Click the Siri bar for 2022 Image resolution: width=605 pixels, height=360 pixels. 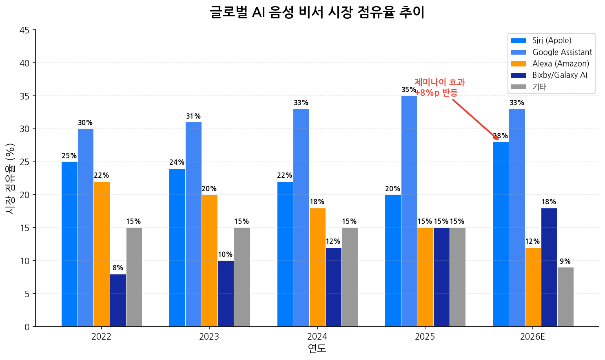pyautogui.click(x=69, y=244)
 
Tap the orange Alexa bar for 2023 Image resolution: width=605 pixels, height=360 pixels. pyautogui.click(x=209, y=261)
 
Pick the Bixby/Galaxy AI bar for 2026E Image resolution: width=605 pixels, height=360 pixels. pyautogui.click(x=549, y=267)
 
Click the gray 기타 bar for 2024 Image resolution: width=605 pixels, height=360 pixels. pyautogui.click(x=350, y=277)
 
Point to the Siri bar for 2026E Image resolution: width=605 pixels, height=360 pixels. pyautogui.click(x=501, y=234)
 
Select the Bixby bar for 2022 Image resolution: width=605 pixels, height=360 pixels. pyautogui.click(x=118, y=300)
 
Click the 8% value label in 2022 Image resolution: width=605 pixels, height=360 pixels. pyautogui.click(x=118, y=268)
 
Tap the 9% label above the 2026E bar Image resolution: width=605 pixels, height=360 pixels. pyautogui.click(x=565, y=261)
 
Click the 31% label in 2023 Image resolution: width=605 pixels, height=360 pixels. pyautogui.click(x=193, y=116)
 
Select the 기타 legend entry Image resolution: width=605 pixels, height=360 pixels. pyautogui.click(x=539, y=87)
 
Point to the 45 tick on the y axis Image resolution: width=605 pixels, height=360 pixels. pyautogui.click(x=24, y=30)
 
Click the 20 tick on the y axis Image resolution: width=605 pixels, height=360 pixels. pyautogui.click(x=24, y=195)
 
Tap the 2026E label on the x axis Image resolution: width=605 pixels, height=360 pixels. pyautogui.click(x=532, y=337)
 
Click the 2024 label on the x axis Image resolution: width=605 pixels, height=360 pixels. pyautogui.click(x=317, y=337)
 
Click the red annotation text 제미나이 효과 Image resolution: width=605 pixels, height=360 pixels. pyautogui.click(x=439, y=82)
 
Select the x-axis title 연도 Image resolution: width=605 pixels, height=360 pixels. pyautogui.click(x=317, y=349)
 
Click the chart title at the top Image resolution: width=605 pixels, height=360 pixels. pyautogui.click(x=317, y=12)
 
